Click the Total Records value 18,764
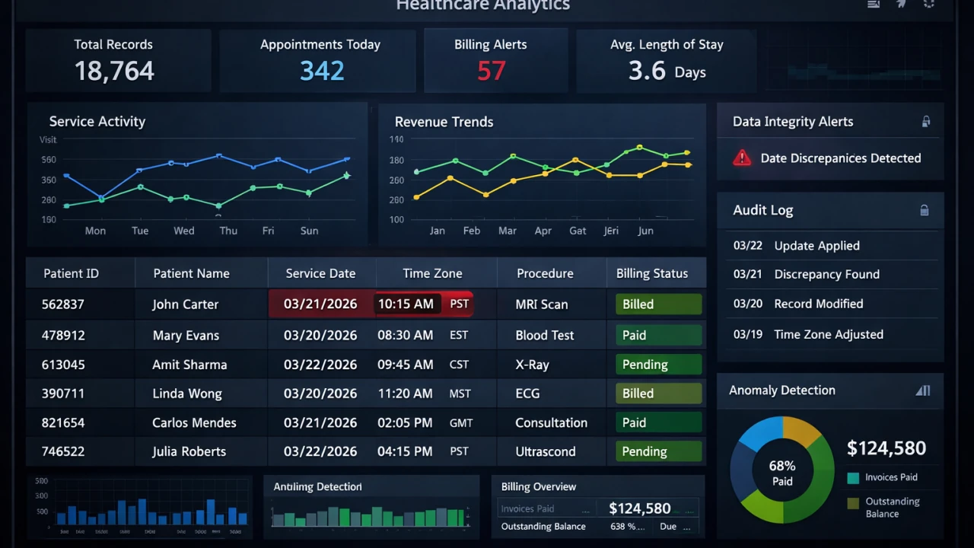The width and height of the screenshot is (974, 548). click(114, 71)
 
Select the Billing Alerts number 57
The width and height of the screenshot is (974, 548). click(491, 71)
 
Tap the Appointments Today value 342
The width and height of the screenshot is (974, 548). click(322, 71)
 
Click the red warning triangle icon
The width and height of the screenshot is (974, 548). click(741, 158)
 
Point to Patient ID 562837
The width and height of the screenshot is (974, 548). click(63, 304)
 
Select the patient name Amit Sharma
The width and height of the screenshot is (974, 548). click(189, 365)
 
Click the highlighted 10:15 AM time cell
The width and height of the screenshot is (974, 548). click(406, 304)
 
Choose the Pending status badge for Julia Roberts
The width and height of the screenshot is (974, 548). click(657, 451)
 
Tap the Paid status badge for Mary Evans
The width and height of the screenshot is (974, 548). click(657, 335)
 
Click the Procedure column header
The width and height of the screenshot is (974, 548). click(545, 273)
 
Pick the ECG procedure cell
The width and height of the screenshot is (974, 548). click(527, 393)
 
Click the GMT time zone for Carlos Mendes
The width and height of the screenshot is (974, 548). click(461, 423)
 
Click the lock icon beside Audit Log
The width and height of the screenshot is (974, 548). click(925, 211)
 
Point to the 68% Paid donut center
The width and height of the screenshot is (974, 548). click(782, 473)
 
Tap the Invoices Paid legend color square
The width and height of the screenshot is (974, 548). click(853, 478)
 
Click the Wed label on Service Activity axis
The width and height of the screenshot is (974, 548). click(184, 231)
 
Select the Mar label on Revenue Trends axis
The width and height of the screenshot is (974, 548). click(507, 231)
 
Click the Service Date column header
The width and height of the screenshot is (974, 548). click(320, 273)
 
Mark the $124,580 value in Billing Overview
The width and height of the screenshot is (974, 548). click(640, 508)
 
